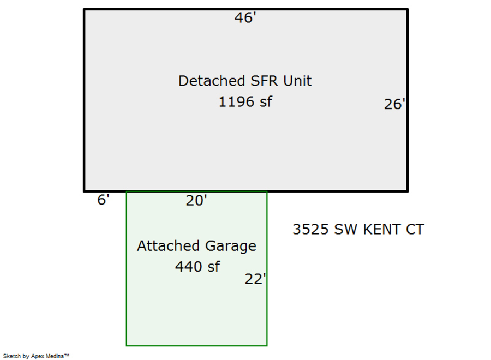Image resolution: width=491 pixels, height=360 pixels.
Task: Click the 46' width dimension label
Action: point(245,18)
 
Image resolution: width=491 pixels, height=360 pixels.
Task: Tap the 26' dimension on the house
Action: point(394,104)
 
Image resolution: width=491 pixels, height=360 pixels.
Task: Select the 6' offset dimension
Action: point(103,200)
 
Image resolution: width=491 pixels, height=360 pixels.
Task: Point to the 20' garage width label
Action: point(196,201)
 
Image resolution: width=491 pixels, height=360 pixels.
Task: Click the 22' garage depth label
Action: point(255,279)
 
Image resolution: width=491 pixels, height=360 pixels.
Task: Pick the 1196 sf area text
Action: point(245,101)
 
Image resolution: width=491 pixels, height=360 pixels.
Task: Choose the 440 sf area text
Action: point(197,267)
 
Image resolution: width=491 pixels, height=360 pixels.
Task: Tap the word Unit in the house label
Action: point(297,81)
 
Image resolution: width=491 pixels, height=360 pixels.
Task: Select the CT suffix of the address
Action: point(415,230)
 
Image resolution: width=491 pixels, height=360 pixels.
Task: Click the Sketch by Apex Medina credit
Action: point(36,356)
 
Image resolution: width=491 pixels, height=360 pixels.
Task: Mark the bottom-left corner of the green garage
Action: point(127,345)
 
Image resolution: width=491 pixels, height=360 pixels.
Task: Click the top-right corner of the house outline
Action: point(407,10)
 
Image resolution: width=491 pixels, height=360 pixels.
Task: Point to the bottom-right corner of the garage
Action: point(267,345)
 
